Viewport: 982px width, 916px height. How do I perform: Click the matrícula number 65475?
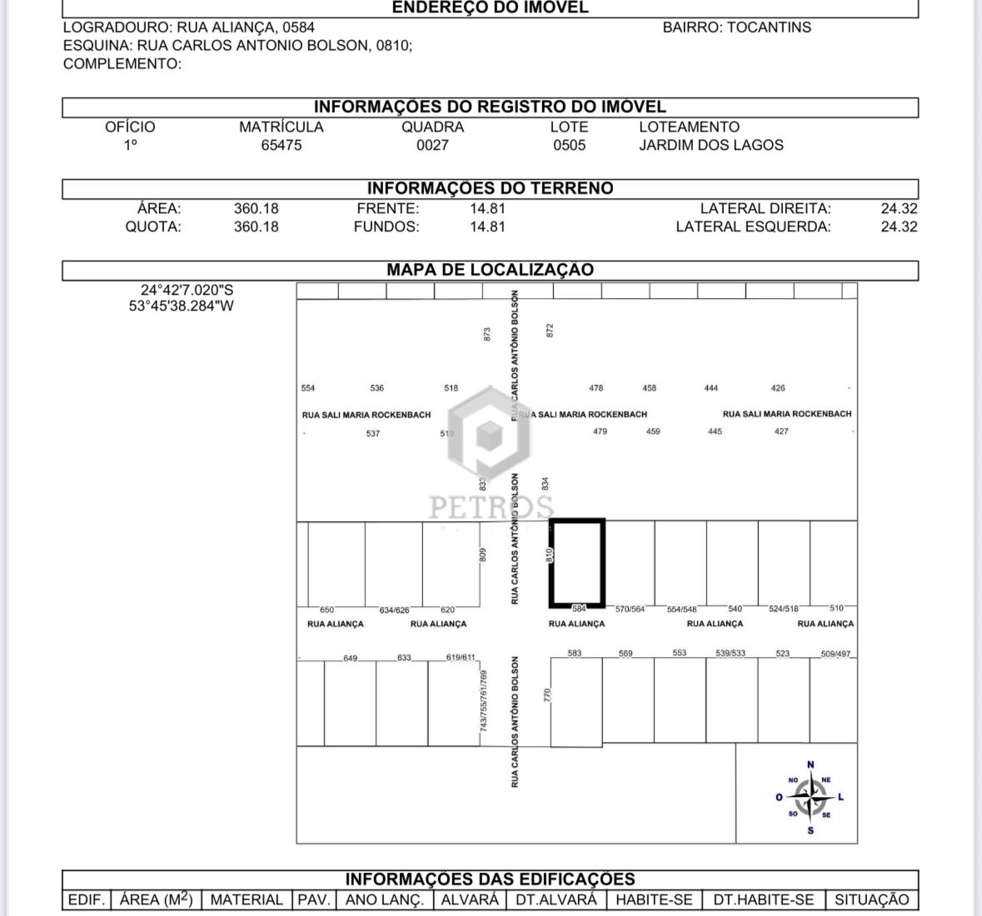[282, 145]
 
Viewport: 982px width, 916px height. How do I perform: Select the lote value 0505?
[569, 145]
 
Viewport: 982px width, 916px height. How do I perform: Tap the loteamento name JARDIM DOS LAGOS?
[710, 145]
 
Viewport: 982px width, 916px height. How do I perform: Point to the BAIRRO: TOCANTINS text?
[736, 27]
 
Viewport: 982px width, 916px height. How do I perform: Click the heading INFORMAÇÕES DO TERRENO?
[490, 188]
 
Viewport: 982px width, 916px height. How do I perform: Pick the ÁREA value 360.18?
[256, 208]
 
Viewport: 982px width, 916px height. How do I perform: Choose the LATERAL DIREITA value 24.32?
[899, 208]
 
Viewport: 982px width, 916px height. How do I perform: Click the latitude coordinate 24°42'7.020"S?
[187, 290]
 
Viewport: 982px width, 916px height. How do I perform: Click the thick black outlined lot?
[576, 564]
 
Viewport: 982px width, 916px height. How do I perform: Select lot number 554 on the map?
[308, 388]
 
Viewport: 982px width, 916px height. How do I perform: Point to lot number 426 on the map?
[778, 388]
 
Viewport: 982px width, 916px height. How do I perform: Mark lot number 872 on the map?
[549, 331]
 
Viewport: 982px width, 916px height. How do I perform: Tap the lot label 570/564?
[630, 610]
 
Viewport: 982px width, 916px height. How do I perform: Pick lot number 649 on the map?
[350, 659]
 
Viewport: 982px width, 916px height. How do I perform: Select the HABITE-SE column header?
[654, 899]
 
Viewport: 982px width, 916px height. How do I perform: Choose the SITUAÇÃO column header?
[871, 899]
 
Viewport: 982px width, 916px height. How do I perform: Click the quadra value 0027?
[432, 145]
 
